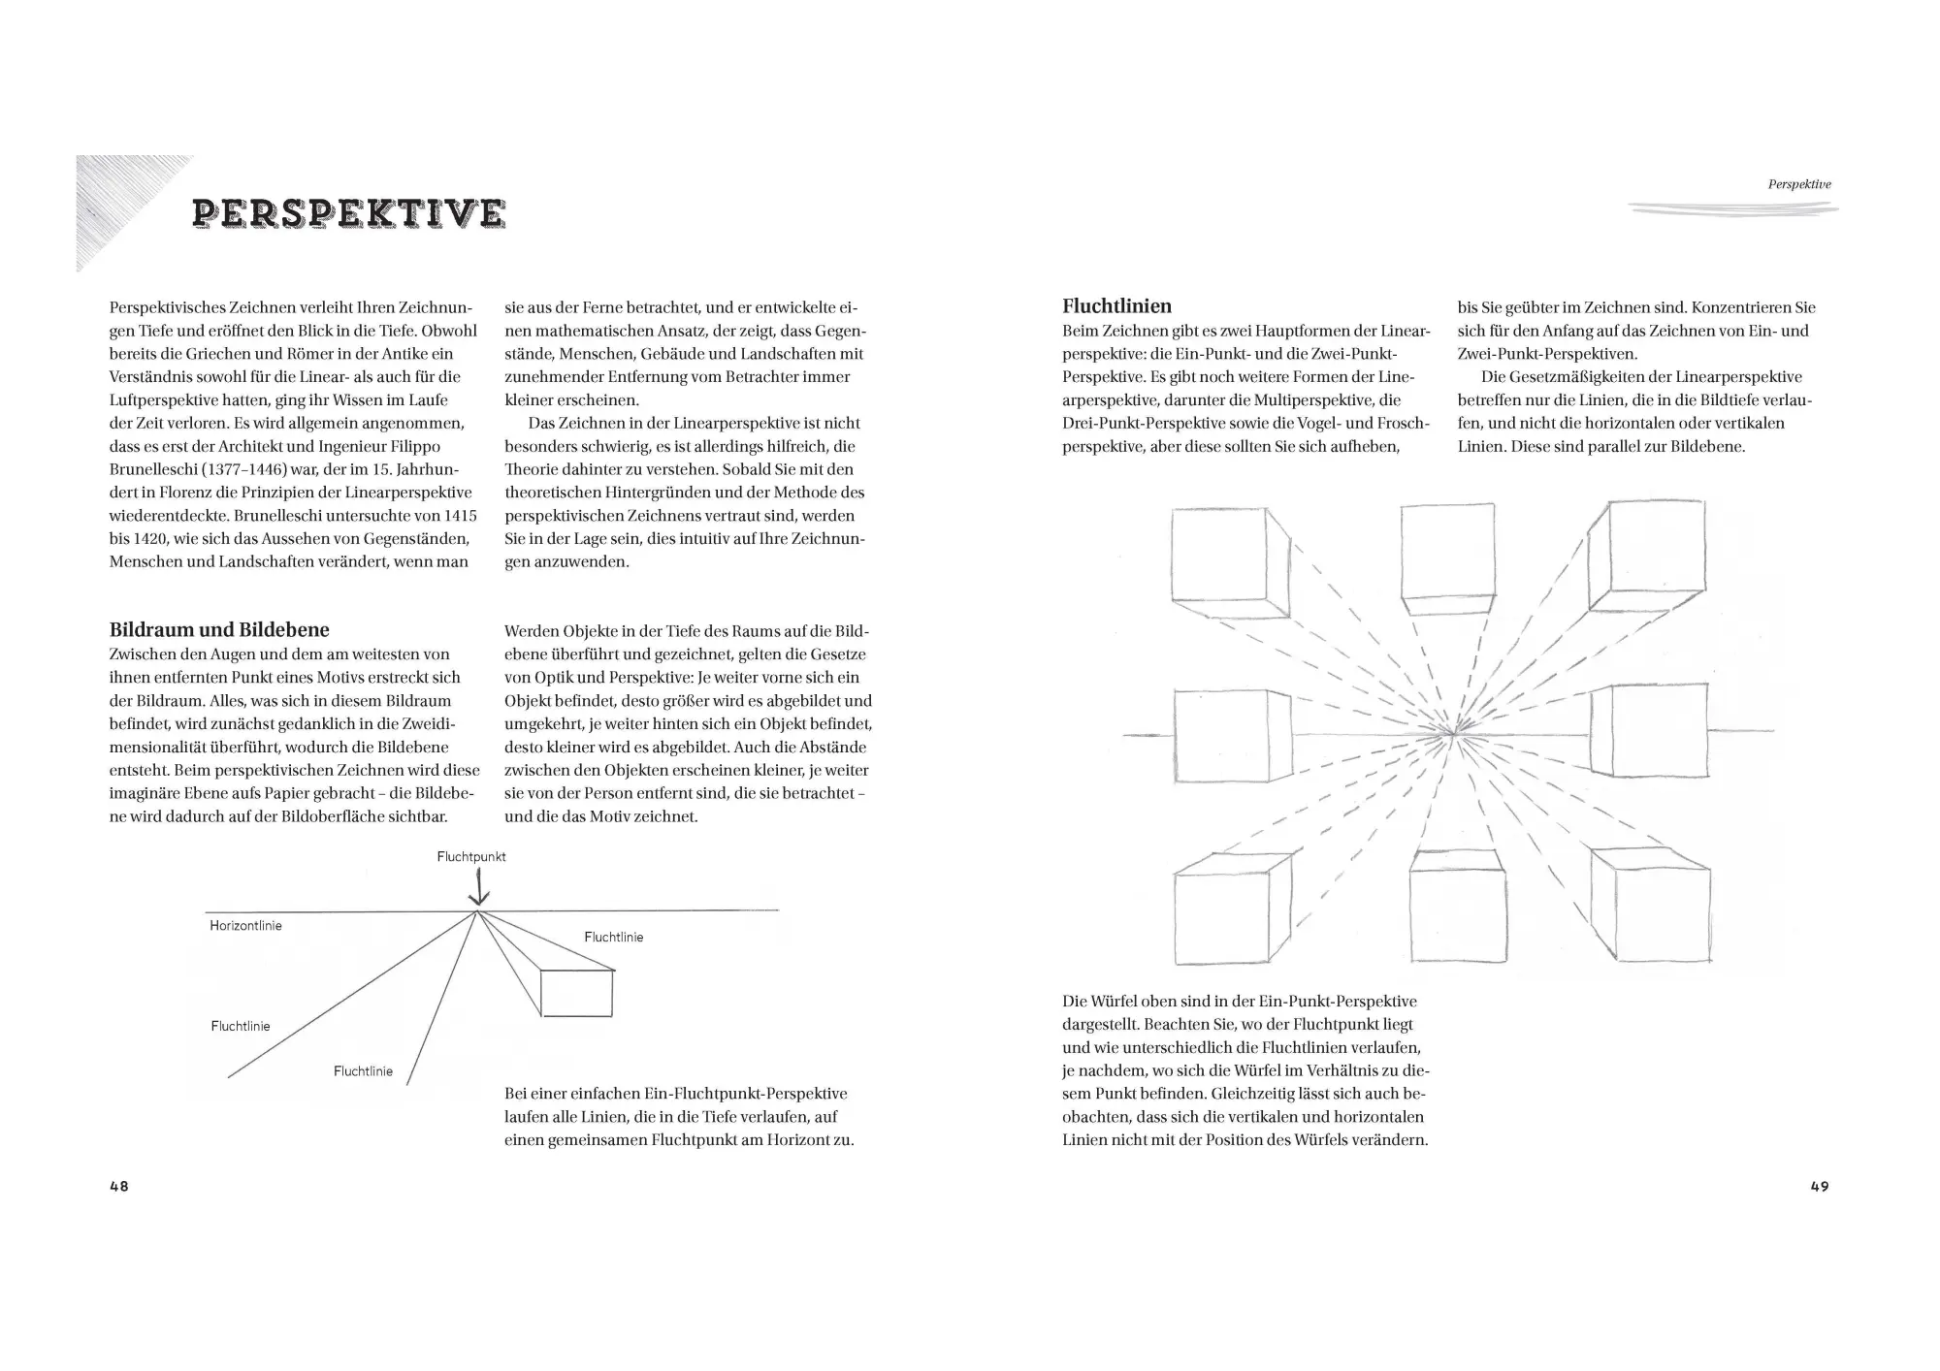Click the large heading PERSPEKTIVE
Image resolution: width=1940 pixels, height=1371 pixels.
pyautogui.click(x=349, y=213)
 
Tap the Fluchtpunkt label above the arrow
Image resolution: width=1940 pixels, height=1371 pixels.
pyautogui.click(x=471, y=857)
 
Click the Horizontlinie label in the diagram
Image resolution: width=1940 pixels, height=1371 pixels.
pyautogui.click(x=245, y=926)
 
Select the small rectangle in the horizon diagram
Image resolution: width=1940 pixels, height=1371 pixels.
pyautogui.click(x=576, y=993)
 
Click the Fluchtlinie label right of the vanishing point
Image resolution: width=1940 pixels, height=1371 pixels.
pyautogui.click(x=613, y=938)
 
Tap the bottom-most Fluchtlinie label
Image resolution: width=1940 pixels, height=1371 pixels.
pyautogui.click(x=363, y=1071)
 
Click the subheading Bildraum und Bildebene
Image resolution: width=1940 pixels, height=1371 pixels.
pyautogui.click(x=219, y=630)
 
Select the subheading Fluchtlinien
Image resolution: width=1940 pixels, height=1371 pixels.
pyautogui.click(x=1116, y=307)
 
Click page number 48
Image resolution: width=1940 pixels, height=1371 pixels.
pyautogui.click(x=119, y=1187)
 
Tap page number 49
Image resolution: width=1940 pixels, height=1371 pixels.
pyautogui.click(x=1820, y=1187)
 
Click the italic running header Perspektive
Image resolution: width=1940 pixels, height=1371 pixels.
pyautogui.click(x=1799, y=184)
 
